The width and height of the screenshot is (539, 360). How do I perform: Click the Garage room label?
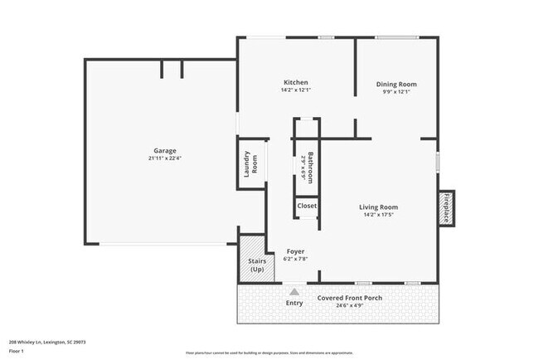[x=164, y=151]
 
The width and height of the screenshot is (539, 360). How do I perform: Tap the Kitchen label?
[x=296, y=82]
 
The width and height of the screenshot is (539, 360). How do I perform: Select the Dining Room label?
[x=396, y=84]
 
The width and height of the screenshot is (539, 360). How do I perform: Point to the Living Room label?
[x=379, y=207]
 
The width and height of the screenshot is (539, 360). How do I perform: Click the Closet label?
[x=307, y=206]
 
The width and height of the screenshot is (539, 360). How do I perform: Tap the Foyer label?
[x=296, y=251]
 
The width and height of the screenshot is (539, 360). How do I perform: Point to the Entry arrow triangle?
[x=294, y=291]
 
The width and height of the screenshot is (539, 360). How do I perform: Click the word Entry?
[x=294, y=303]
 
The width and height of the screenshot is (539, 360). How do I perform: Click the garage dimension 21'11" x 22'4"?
[x=164, y=158]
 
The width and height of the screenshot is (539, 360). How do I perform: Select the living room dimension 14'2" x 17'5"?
[x=379, y=215]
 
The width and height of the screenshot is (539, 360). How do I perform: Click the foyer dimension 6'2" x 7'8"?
[x=296, y=259]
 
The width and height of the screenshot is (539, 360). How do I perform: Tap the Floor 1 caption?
[x=17, y=351]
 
